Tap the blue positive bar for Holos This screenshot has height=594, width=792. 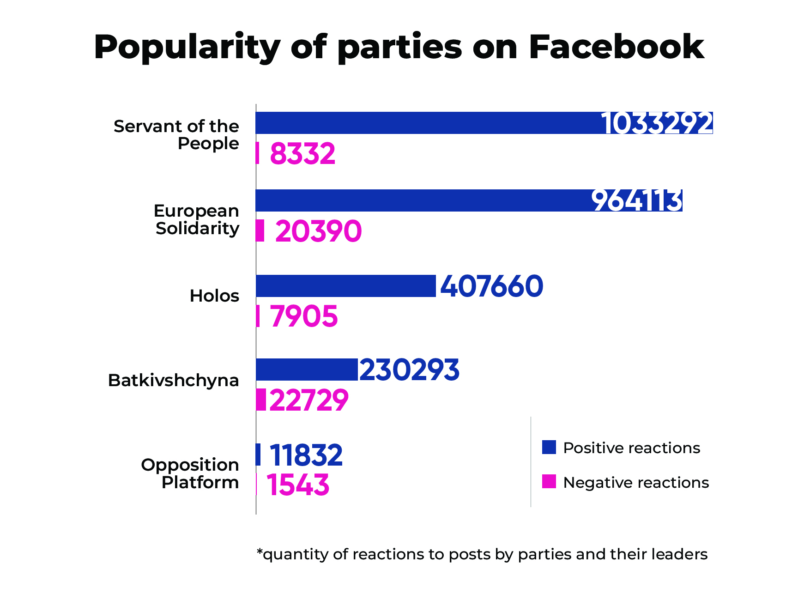345,286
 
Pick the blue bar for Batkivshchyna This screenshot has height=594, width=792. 307,370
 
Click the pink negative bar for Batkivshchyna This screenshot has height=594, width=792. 261,400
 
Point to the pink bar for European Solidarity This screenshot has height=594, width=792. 260,230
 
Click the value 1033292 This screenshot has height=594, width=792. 657,123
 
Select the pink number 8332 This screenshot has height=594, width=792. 302,154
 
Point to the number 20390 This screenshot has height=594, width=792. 318,231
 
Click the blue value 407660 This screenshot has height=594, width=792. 492,286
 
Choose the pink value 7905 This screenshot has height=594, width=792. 304,316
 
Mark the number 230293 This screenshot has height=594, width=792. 409,370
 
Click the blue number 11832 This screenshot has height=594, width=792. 306,455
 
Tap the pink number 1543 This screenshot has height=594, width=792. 298,485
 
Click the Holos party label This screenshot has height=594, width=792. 214,296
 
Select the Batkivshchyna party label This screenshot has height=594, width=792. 174,380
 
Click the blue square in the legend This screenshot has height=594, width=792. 549,447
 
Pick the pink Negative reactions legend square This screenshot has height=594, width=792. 549,482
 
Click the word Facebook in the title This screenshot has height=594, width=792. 616,47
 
